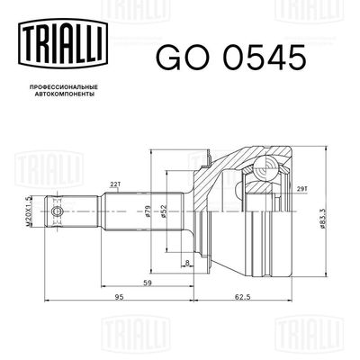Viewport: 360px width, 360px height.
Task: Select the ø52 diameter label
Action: pyautogui.click(x=159, y=212)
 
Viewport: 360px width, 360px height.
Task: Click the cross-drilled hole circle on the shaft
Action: pyautogui.click(x=59, y=212)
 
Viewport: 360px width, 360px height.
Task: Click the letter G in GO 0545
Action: pyautogui.click(x=167, y=57)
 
